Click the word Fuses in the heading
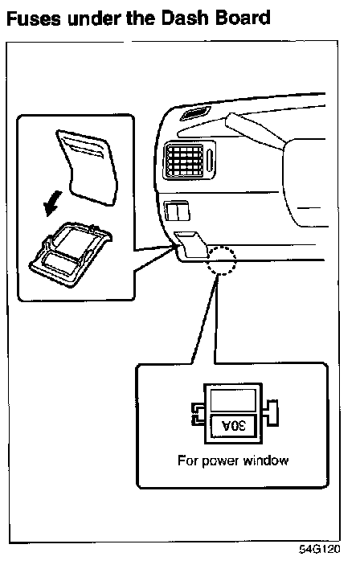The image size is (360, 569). coord(34,18)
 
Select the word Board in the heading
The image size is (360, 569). coord(243,18)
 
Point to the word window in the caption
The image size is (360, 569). coord(266,461)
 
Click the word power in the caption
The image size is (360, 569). coord(220,461)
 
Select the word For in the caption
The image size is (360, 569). coord(187,461)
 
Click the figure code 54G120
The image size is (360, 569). coord(320,549)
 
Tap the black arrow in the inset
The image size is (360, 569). coord(53,203)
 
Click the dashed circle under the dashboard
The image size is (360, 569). coord(221,260)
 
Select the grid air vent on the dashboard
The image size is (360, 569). coord(184,161)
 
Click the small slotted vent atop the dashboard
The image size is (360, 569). coord(195,114)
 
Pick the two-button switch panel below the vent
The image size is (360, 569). coord(178,211)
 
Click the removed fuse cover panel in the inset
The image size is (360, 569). coord(88,167)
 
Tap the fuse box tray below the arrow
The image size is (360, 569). coord(70,254)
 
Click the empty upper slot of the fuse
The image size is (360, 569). coord(233,399)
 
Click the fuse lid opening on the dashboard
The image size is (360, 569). coord(191,245)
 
